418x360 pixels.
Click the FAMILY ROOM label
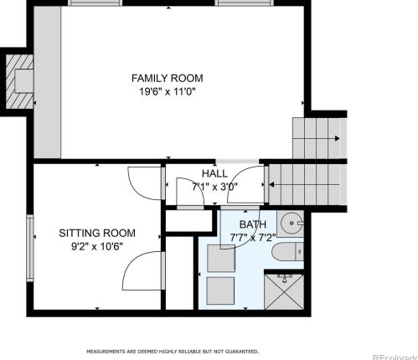point(168,78)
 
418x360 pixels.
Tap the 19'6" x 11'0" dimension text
point(168,91)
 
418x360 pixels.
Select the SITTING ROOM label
point(97,233)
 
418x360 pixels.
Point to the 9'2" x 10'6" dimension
point(97,246)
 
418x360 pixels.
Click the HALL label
point(214,173)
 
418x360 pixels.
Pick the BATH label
point(253,224)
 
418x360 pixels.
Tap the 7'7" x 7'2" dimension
point(253,238)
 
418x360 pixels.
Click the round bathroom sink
point(292,224)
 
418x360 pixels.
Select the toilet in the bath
point(287,252)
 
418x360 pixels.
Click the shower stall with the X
point(284,291)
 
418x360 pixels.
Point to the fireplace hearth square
point(24,81)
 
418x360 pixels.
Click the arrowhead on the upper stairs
point(338,138)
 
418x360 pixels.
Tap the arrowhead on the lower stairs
point(271,184)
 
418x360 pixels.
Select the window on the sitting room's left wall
point(30,248)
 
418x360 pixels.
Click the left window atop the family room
point(95,3)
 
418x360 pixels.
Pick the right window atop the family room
point(245,3)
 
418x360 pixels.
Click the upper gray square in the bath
point(221,258)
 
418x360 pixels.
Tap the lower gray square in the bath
point(220,291)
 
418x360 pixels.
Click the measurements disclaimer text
point(173,352)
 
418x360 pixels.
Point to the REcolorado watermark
point(395,357)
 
